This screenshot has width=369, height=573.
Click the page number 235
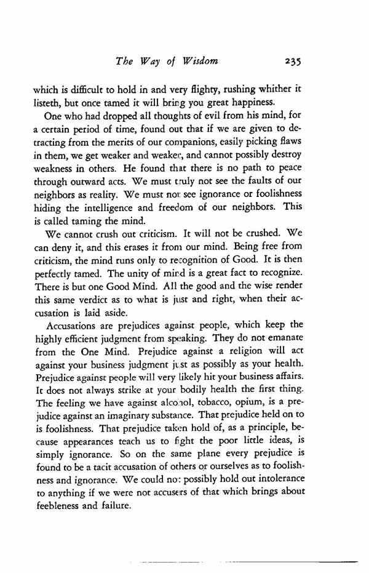289,62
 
